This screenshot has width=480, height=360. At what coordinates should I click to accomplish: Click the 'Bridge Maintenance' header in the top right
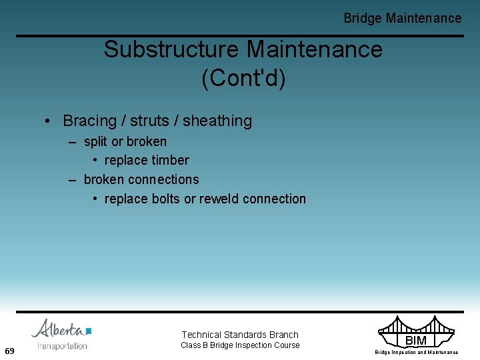(x=402, y=18)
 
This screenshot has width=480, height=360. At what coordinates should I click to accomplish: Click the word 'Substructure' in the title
(x=171, y=49)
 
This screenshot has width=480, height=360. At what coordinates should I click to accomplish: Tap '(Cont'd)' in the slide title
(x=243, y=78)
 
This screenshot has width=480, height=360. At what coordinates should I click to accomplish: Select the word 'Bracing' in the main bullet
(x=89, y=121)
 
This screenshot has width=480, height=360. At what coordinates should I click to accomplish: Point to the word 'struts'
(x=151, y=121)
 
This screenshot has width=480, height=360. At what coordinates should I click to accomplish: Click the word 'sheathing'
(x=217, y=121)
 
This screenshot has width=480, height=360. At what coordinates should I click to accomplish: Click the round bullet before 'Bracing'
(x=49, y=121)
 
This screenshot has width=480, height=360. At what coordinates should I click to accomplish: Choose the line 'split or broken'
(x=125, y=141)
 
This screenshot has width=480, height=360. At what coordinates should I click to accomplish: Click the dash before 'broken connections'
(x=73, y=179)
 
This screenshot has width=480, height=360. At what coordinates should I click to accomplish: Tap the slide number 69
(x=9, y=351)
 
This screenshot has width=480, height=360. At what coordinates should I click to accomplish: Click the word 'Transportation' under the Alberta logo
(x=62, y=345)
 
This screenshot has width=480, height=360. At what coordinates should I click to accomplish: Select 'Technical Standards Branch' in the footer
(x=240, y=335)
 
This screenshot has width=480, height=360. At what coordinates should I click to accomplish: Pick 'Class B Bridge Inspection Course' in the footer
(x=240, y=345)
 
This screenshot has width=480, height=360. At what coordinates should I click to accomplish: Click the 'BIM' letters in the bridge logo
(x=415, y=341)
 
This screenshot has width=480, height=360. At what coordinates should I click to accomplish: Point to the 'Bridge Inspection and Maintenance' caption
(x=416, y=352)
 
